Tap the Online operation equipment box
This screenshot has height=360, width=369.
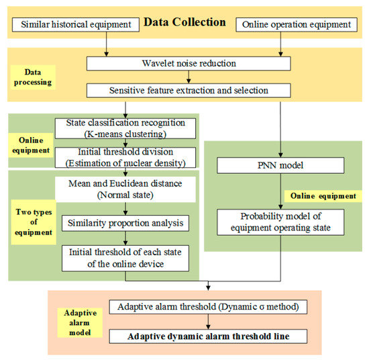296,25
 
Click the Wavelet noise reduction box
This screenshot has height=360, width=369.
189,63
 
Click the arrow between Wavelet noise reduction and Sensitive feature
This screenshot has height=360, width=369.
189,77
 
